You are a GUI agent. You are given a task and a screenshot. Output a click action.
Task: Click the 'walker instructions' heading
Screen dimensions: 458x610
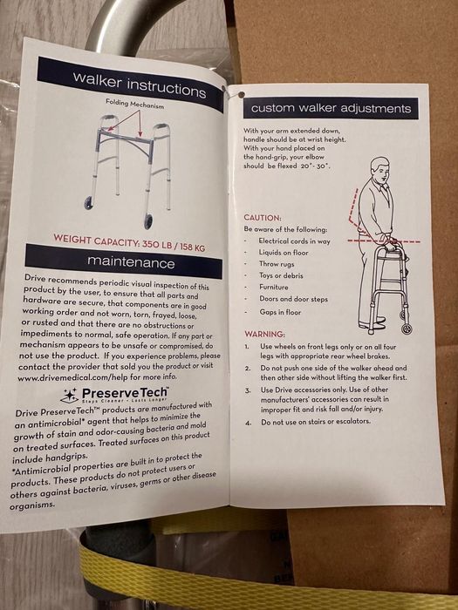(139, 85)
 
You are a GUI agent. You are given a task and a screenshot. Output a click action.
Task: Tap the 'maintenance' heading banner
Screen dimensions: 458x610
(124, 261)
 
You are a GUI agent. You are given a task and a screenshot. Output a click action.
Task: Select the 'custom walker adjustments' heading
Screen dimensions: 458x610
(331, 108)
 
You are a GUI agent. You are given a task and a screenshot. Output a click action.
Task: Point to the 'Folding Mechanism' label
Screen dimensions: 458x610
(134, 104)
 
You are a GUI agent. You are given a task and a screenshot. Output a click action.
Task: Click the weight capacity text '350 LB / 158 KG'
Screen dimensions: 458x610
(174, 245)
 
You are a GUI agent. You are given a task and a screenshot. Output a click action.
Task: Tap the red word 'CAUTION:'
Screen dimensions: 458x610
(263, 218)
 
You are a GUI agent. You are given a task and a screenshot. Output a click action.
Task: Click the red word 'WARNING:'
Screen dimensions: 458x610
(264, 334)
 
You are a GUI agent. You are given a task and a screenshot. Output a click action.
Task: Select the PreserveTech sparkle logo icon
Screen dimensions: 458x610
(70, 396)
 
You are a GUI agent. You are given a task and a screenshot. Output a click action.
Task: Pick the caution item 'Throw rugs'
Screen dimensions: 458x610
(277, 264)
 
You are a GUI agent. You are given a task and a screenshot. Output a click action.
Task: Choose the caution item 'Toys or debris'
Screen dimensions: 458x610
(281, 275)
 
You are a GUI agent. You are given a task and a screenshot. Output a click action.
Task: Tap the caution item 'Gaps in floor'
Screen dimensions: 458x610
(280, 312)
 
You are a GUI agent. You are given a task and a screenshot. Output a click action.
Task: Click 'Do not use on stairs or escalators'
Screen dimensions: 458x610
(316, 422)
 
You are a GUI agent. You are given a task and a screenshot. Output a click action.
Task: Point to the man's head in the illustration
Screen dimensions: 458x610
(380, 169)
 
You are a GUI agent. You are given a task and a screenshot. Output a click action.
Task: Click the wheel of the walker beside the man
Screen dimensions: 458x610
(407, 328)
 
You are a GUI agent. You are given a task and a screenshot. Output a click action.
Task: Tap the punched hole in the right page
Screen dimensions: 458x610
(241, 94)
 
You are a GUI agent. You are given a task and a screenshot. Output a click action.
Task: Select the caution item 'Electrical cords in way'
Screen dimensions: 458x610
(295, 241)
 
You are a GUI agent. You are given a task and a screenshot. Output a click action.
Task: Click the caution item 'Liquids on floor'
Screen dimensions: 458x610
(284, 253)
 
